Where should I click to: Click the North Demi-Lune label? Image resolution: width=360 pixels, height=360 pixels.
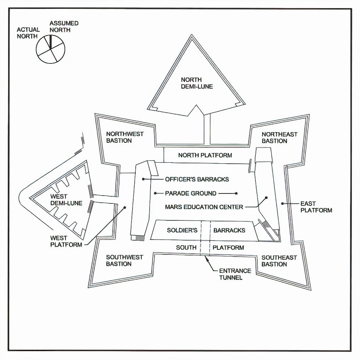pyautogui.click(x=197, y=83)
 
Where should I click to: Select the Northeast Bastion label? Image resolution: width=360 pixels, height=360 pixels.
pyautogui.click(x=279, y=137)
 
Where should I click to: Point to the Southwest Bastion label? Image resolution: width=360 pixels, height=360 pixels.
pyautogui.click(x=124, y=260)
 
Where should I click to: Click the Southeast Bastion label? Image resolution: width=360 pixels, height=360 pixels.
pyautogui.click(x=279, y=261)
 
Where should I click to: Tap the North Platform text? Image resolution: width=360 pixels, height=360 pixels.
pyautogui.click(x=205, y=155)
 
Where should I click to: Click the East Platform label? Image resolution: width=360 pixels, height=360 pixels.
pyautogui.click(x=316, y=207)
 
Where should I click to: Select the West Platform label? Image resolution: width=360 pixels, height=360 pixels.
pyautogui.click(x=66, y=241)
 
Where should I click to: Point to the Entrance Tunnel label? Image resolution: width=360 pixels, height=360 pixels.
pyautogui.click(x=235, y=274)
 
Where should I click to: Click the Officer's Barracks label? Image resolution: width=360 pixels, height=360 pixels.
pyautogui.click(x=197, y=179)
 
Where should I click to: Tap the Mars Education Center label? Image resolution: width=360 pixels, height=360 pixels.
pyautogui.click(x=204, y=207)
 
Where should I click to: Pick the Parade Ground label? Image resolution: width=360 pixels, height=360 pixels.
pyautogui.click(x=190, y=193)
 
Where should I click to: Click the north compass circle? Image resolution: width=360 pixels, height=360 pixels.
pyautogui.click(x=51, y=49)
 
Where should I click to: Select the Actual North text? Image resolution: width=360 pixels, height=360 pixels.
pyautogui.click(x=28, y=33)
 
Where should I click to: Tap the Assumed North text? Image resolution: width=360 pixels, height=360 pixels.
pyautogui.click(x=64, y=27)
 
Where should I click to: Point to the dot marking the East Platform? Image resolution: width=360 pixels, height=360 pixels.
pyautogui.click(x=282, y=203)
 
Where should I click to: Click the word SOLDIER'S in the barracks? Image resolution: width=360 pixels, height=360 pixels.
pyautogui.click(x=182, y=230)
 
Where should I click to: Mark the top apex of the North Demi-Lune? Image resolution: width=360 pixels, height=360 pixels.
pyautogui.click(x=192, y=35)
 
